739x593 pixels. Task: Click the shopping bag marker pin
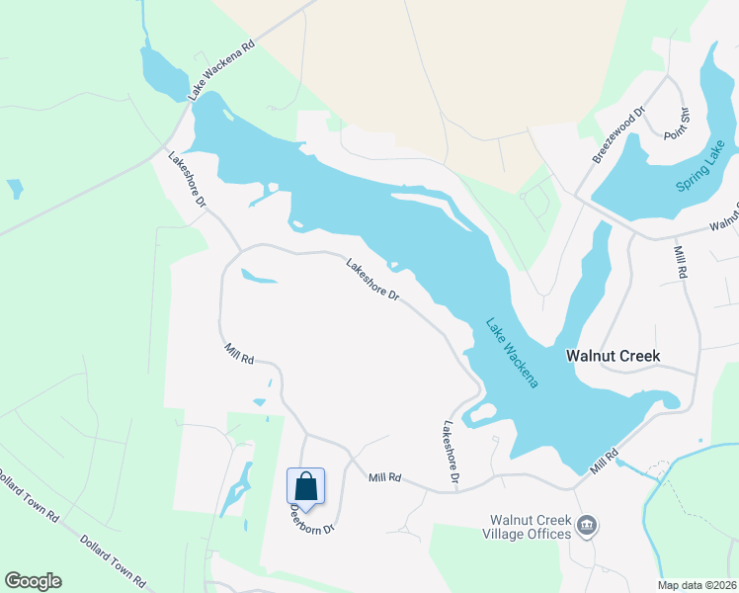click(x=305, y=487)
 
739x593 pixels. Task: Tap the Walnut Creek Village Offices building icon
click(x=588, y=524)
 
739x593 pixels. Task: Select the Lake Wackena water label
click(x=512, y=352)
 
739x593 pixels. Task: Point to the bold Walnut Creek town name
click(x=612, y=355)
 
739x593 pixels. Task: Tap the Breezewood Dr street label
click(x=618, y=135)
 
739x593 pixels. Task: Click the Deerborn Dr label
click(x=312, y=520)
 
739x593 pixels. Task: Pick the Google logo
click(x=33, y=581)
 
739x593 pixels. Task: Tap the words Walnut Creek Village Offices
click(x=532, y=527)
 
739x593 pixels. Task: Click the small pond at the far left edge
click(x=15, y=188)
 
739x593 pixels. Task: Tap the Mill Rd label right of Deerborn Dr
click(x=384, y=477)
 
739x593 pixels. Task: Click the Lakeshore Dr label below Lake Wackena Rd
click(x=186, y=179)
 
